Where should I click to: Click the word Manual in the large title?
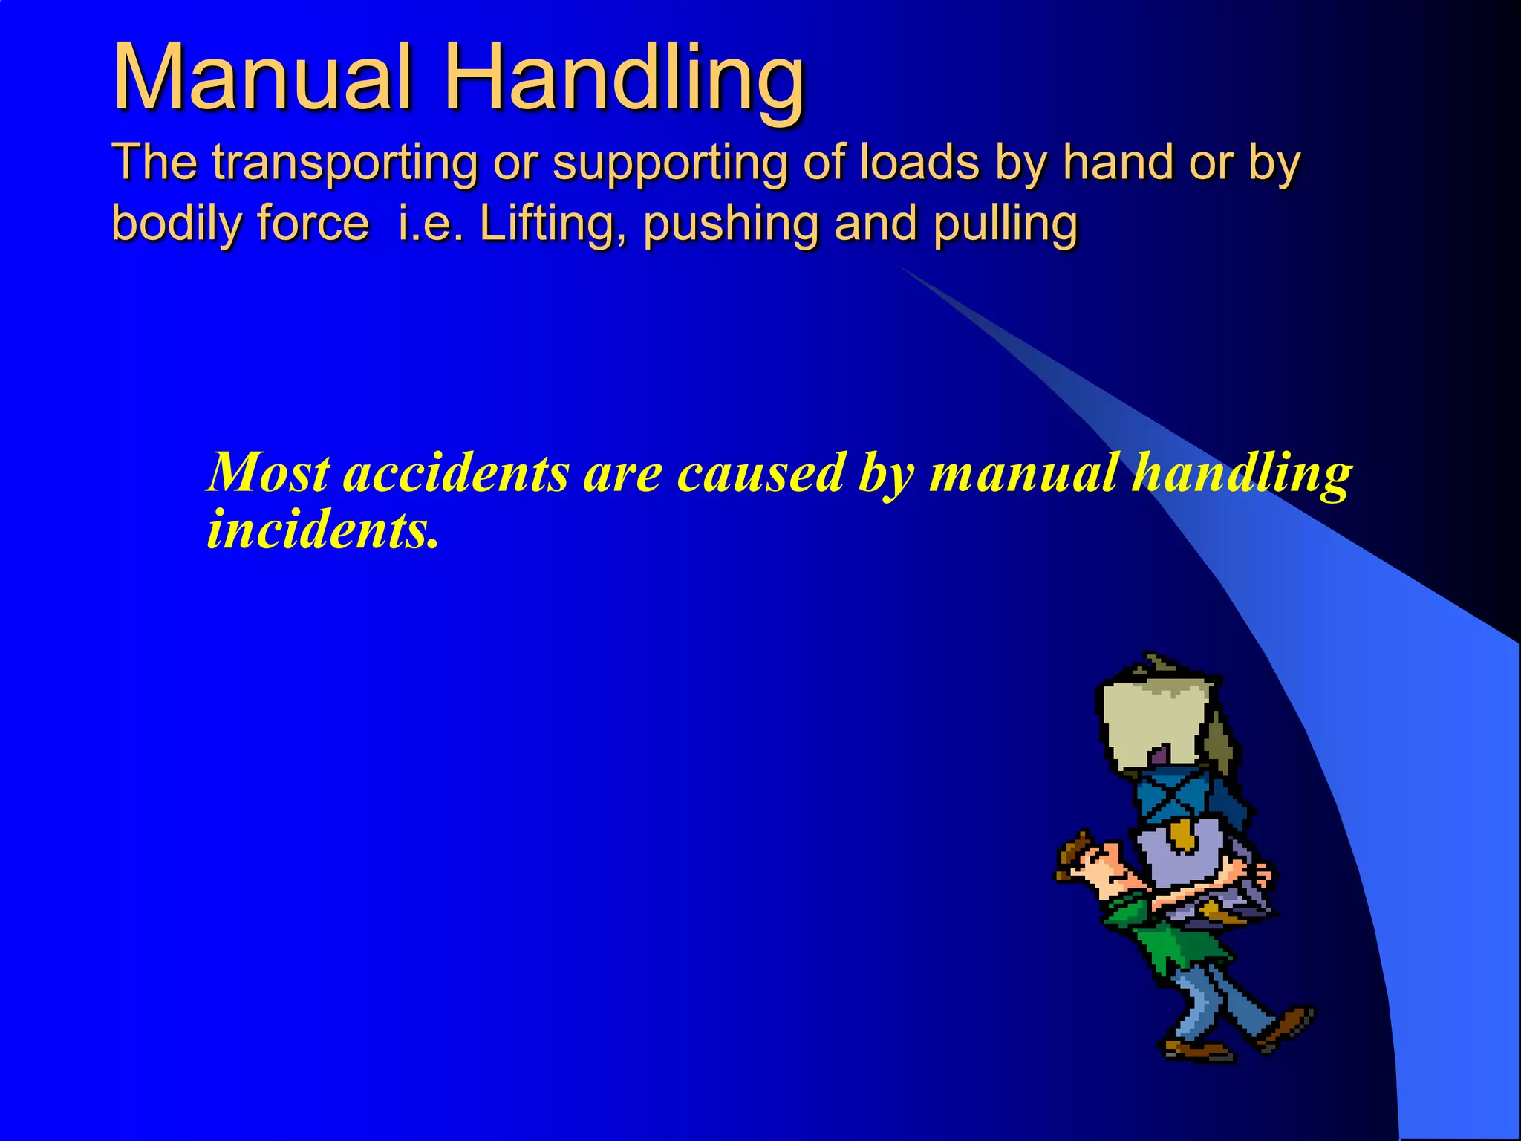pyautogui.click(x=261, y=78)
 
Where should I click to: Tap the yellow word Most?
pyautogui.click(x=268, y=473)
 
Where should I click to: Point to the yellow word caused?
pyautogui.click(x=761, y=473)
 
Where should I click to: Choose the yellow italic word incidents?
pyautogui.click(x=321, y=530)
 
